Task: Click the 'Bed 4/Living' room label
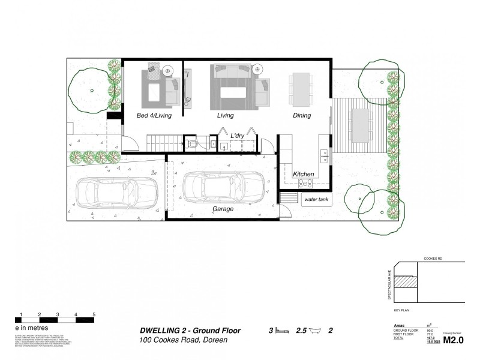click(154, 116)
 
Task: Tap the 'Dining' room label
click(302, 116)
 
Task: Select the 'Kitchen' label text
click(304, 174)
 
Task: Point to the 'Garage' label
click(223, 209)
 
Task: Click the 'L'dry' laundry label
click(240, 137)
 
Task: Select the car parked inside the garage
click(223, 190)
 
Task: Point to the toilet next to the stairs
click(192, 144)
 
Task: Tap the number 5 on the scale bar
click(94, 314)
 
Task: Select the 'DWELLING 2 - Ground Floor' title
click(190, 331)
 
